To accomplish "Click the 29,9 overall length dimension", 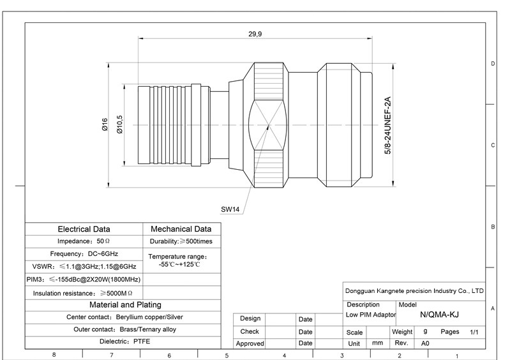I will (x=255, y=34).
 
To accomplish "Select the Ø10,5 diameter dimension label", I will (x=120, y=125).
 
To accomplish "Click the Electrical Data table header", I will (x=84, y=229).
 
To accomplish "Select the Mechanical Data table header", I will (x=181, y=229).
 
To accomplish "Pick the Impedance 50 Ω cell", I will (x=84, y=241).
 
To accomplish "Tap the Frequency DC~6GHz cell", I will (x=84, y=253).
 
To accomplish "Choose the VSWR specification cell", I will (x=84, y=266).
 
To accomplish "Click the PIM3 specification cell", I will (x=84, y=279).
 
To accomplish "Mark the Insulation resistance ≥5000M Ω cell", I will (x=84, y=292).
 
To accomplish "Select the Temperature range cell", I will (x=181, y=260).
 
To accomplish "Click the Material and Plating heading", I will (x=124, y=304).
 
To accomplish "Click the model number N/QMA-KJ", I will (x=439, y=315).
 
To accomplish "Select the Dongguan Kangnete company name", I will (x=414, y=291).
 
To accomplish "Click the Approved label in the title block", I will (x=250, y=343).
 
